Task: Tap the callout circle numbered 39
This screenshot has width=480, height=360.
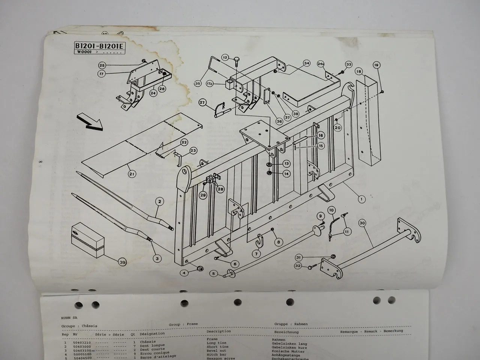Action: point(122,262)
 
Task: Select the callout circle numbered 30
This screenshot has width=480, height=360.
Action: point(362,223)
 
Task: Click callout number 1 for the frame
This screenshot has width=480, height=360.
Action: point(361,199)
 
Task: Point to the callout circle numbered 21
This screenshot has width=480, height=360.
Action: point(132,174)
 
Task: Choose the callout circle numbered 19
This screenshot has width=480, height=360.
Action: point(376,65)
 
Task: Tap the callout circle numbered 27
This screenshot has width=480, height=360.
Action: point(202,103)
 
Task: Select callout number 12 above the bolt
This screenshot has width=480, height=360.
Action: point(225,58)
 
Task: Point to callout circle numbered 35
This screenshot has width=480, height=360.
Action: point(198,84)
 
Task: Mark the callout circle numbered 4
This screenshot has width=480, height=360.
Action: point(184,273)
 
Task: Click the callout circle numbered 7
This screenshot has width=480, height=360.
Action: point(256,254)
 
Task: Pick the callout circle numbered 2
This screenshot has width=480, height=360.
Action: point(159,202)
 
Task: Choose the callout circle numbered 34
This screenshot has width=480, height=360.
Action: point(307,63)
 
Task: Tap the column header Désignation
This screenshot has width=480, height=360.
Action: point(152,333)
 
